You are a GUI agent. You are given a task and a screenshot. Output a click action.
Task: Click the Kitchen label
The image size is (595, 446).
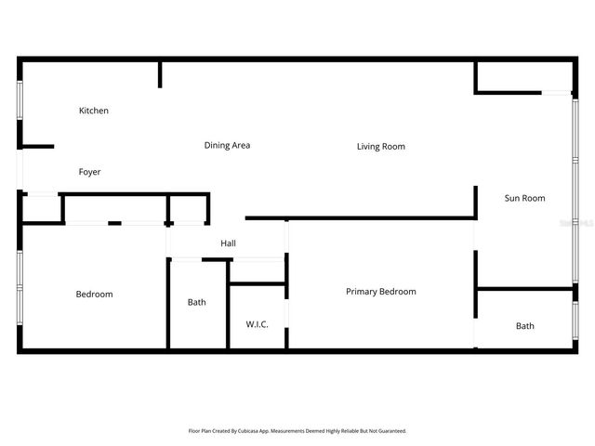point(93,111)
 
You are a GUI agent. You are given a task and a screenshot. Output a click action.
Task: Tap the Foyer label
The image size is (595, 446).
point(89,172)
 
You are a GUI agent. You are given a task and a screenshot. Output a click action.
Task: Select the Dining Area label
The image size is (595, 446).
point(227,145)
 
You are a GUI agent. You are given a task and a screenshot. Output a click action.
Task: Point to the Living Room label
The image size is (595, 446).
point(380,146)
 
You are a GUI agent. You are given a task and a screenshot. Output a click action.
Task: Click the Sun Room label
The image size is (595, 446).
point(524,198)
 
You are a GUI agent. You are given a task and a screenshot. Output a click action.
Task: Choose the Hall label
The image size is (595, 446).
point(228,243)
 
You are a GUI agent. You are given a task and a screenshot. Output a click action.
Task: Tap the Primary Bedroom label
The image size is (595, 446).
point(380,292)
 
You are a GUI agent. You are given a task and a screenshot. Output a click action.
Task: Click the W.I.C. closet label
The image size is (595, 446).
point(257,324)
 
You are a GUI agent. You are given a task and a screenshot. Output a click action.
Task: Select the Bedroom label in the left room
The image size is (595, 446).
point(94,295)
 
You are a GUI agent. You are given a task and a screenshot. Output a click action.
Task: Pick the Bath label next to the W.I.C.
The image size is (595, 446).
point(196,302)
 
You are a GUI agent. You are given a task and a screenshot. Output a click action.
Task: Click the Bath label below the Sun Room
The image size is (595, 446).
point(525,326)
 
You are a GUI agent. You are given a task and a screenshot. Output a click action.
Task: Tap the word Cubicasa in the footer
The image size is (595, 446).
point(258,431)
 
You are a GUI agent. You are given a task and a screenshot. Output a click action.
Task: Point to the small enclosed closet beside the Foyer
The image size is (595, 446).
point(41,210)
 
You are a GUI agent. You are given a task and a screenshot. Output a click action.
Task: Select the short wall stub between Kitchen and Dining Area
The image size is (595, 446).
point(160,74)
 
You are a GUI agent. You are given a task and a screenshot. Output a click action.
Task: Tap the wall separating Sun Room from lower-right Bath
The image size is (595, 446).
point(525,289)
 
